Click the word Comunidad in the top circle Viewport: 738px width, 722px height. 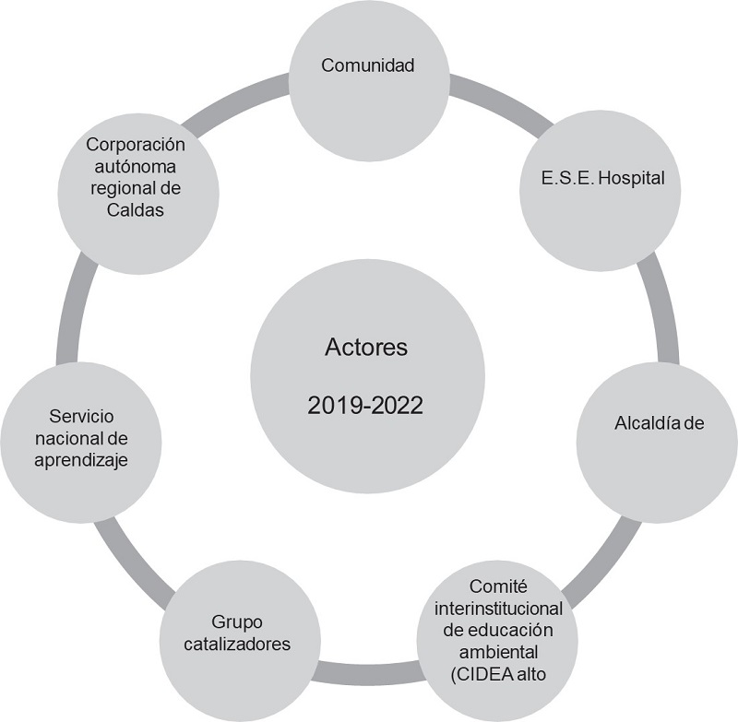(369, 65)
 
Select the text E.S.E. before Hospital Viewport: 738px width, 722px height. (568, 178)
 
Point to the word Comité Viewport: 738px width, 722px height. (497, 586)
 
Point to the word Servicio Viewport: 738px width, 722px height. (82, 416)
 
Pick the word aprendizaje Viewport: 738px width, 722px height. (82, 459)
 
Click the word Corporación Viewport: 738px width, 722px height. (136, 145)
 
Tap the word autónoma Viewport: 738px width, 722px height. (136, 167)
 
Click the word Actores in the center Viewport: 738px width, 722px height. (366, 348)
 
